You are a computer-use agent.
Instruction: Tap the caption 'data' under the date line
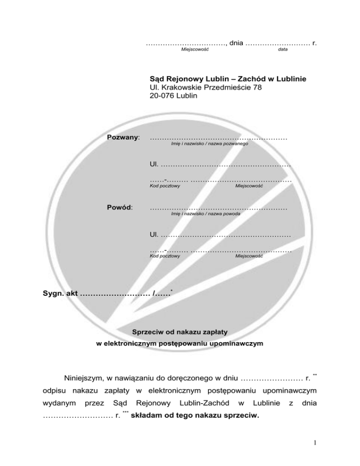(283, 49)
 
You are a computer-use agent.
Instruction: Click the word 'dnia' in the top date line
(236, 43)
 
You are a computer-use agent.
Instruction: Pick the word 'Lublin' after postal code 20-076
(187, 96)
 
